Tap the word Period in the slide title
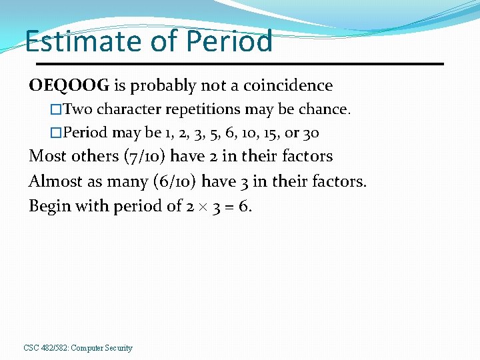(x=229, y=41)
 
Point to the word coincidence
(x=287, y=86)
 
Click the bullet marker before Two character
(x=56, y=109)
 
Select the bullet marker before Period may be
(x=56, y=133)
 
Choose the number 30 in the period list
(x=311, y=133)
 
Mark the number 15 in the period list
(x=273, y=133)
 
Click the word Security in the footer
(x=117, y=348)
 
